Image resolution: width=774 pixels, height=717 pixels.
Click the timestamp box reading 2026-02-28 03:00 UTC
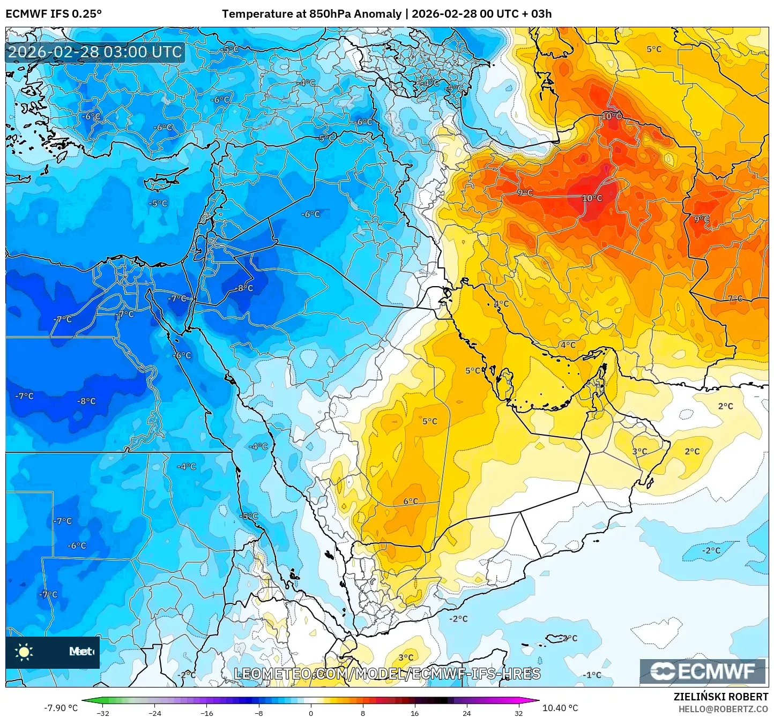click(x=95, y=52)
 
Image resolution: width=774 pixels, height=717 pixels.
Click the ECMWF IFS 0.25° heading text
click(x=54, y=14)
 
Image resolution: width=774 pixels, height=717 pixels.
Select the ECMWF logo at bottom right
click(x=703, y=671)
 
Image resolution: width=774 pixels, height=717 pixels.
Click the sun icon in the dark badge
click(x=24, y=652)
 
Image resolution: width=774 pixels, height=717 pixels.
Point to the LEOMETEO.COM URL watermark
click(x=387, y=674)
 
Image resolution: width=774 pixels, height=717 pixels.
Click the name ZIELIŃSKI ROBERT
click(x=721, y=697)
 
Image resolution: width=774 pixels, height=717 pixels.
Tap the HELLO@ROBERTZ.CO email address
click(x=723, y=709)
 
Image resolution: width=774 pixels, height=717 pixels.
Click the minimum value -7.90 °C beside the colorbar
click(x=61, y=708)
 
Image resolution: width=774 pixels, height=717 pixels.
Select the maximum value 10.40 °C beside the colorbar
click(x=560, y=708)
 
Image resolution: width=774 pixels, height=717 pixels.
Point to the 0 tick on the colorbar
click(x=311, y=713)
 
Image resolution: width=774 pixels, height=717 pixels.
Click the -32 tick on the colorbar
click(x=103, y=713)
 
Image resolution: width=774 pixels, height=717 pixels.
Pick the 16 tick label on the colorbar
click(x=414, y=713)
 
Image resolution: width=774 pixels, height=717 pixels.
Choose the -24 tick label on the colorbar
click(x=155, y=713)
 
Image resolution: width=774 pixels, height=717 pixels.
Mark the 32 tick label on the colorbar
click(x=518, y=713)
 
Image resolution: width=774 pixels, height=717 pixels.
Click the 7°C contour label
click(x=735, y=298)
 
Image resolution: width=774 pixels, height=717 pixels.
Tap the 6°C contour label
click(x=411, y=501)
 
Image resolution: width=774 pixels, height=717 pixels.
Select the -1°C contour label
click(x=592, y=675)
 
